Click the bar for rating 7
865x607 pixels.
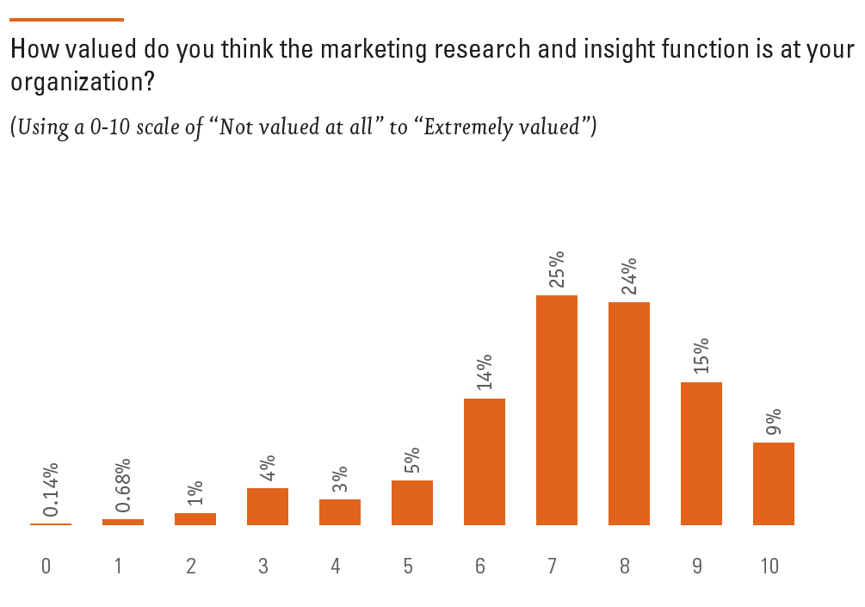(556, 410)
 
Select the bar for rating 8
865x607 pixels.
(628, 413)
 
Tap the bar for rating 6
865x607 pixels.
(484, 461)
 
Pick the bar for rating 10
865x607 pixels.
(773, 483)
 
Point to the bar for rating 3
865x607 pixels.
(267, 506)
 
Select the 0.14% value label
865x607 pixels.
(51, 491)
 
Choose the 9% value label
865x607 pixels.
(773, 422)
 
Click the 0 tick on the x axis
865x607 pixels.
(46, 567)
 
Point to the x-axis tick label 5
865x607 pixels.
(407, 567)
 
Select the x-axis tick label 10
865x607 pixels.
(769, 567)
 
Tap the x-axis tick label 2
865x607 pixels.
(190, 567)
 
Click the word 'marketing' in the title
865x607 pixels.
(359, 50)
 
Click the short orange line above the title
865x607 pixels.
(67, 19)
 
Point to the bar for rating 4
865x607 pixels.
(339, 511)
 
